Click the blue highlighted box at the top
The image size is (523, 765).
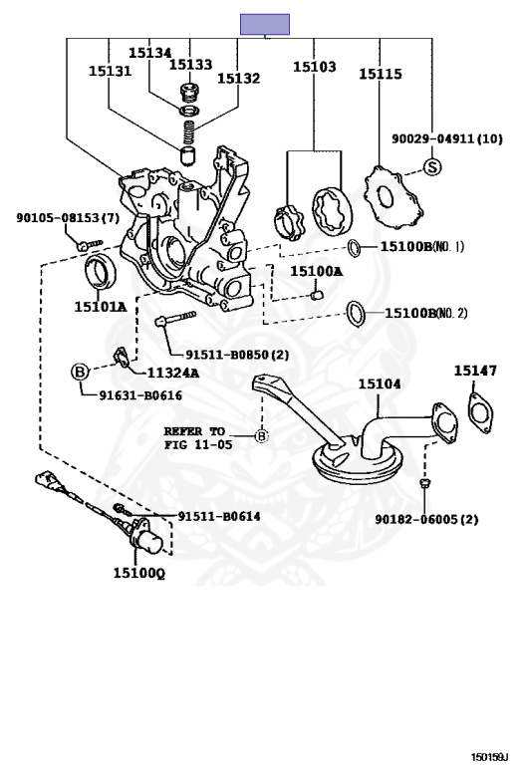click(x=264, y=24)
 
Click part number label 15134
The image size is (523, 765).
click(x=149, y=53)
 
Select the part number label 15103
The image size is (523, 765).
click(x=314, y=67)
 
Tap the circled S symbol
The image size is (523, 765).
click(x=431, y=167)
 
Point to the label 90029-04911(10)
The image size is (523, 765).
click(x=447, y=138)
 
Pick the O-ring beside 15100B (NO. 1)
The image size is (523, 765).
click(x=355, y=248)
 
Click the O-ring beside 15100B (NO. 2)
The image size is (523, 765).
click(x=357, y=314)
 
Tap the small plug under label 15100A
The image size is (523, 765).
click(x=317, y=294)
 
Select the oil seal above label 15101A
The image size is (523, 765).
click(x=101, y=270)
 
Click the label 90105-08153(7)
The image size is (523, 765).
click(x=68, y=217)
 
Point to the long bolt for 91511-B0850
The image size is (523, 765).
click(x=175, y=318)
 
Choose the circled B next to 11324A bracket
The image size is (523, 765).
click(x=80, y=373)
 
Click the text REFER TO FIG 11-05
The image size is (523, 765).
click(x=194, y=437)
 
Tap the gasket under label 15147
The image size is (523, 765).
click(x=480, y=413)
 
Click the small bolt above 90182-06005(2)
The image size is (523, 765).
click(x=424, y=483)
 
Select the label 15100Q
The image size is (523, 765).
click(x=139, y=573)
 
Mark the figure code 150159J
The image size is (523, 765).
click(x=489, y=757)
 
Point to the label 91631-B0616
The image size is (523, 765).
click(x=141, y=395)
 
